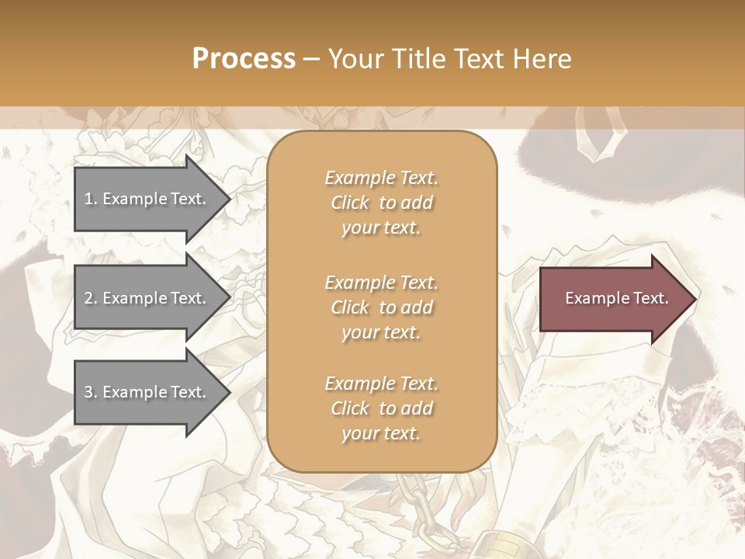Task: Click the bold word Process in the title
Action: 244,59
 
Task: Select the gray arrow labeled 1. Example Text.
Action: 147,199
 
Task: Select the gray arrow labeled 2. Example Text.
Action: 147,298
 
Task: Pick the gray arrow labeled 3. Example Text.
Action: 147,392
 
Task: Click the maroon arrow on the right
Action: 613,298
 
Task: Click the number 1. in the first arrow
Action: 91,199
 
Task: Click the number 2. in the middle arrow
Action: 91,298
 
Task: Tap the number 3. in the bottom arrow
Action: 91,392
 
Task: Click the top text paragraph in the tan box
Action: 381,203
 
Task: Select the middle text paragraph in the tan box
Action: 381,307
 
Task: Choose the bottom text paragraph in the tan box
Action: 381,408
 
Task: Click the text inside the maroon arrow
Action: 616,298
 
